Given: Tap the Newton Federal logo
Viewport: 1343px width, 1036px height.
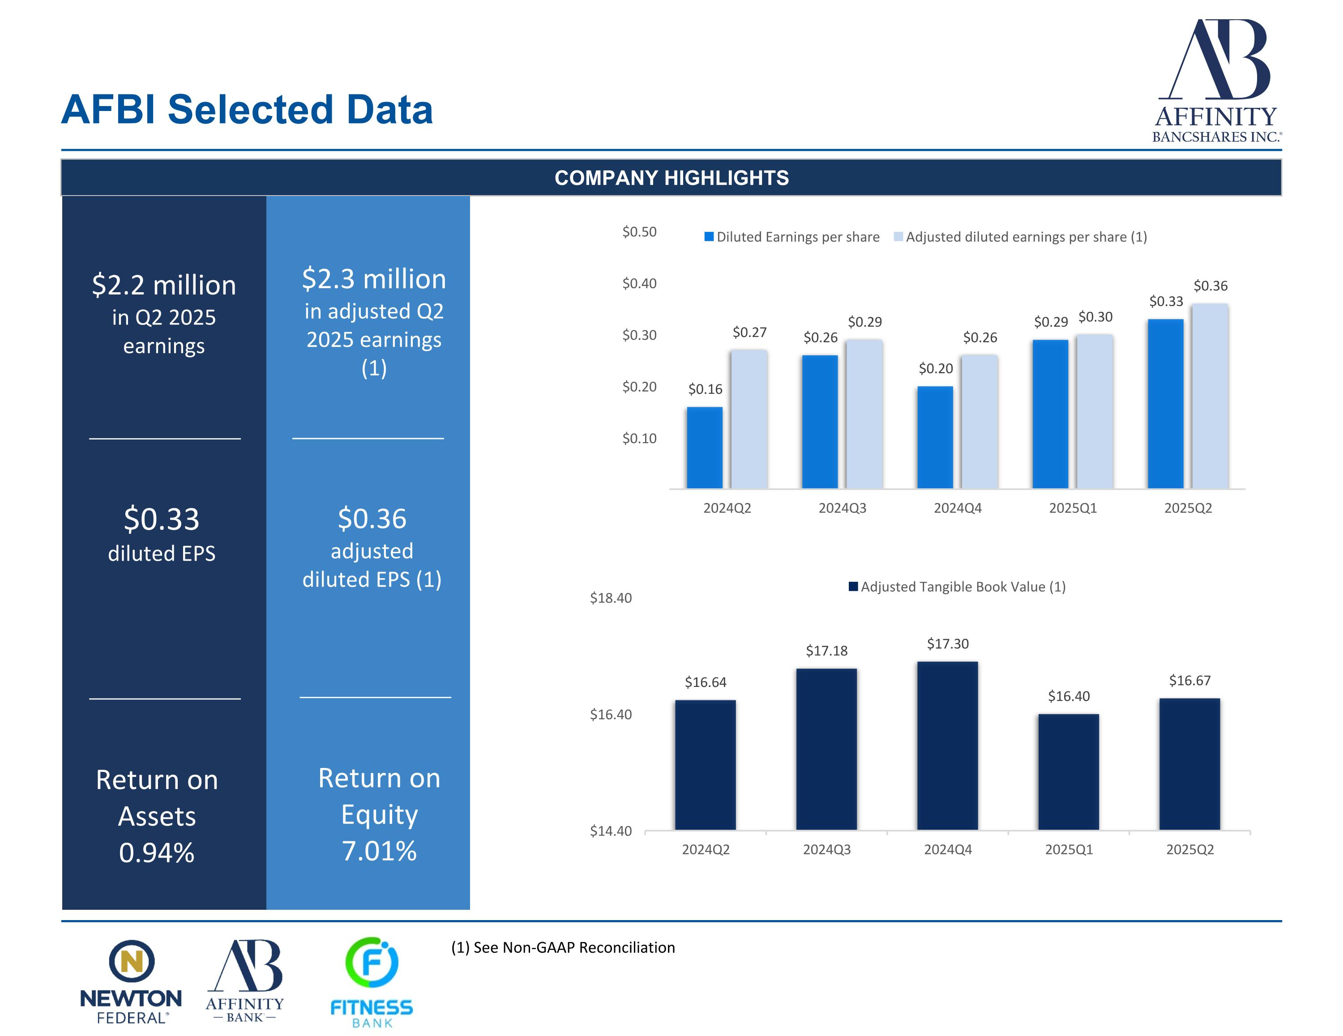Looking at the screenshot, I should click(x=131, y=981).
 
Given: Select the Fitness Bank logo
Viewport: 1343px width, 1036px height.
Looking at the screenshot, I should click(x=372, y=981).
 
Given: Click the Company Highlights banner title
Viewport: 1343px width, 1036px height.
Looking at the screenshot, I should click(x=671, y=178).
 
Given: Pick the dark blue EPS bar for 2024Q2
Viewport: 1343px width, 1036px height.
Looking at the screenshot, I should click(x=705, y=448).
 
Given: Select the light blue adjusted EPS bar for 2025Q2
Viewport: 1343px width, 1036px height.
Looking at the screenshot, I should click(x=1210, y=396).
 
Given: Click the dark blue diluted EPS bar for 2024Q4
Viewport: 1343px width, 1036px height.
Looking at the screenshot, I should click(x=935, y=437).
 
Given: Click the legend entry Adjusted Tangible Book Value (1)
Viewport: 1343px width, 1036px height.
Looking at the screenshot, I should click(x=962, y=587).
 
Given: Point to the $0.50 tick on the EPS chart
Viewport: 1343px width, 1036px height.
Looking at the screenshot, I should click(x=640, y=232).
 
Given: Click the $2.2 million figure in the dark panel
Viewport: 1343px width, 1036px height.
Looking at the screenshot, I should click(x=163, y=285).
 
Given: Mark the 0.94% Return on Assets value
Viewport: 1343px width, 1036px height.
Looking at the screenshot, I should click(x=157, y=853).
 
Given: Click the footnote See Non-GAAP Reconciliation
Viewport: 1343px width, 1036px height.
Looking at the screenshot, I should click(x=563, y=947).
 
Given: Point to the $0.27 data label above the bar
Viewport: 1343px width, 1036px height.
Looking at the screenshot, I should click(x=749, y=333).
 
